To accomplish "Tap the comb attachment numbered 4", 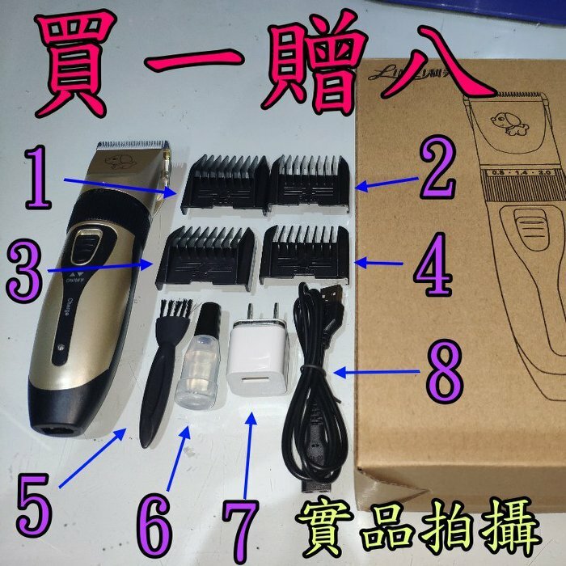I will click(306, 254).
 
